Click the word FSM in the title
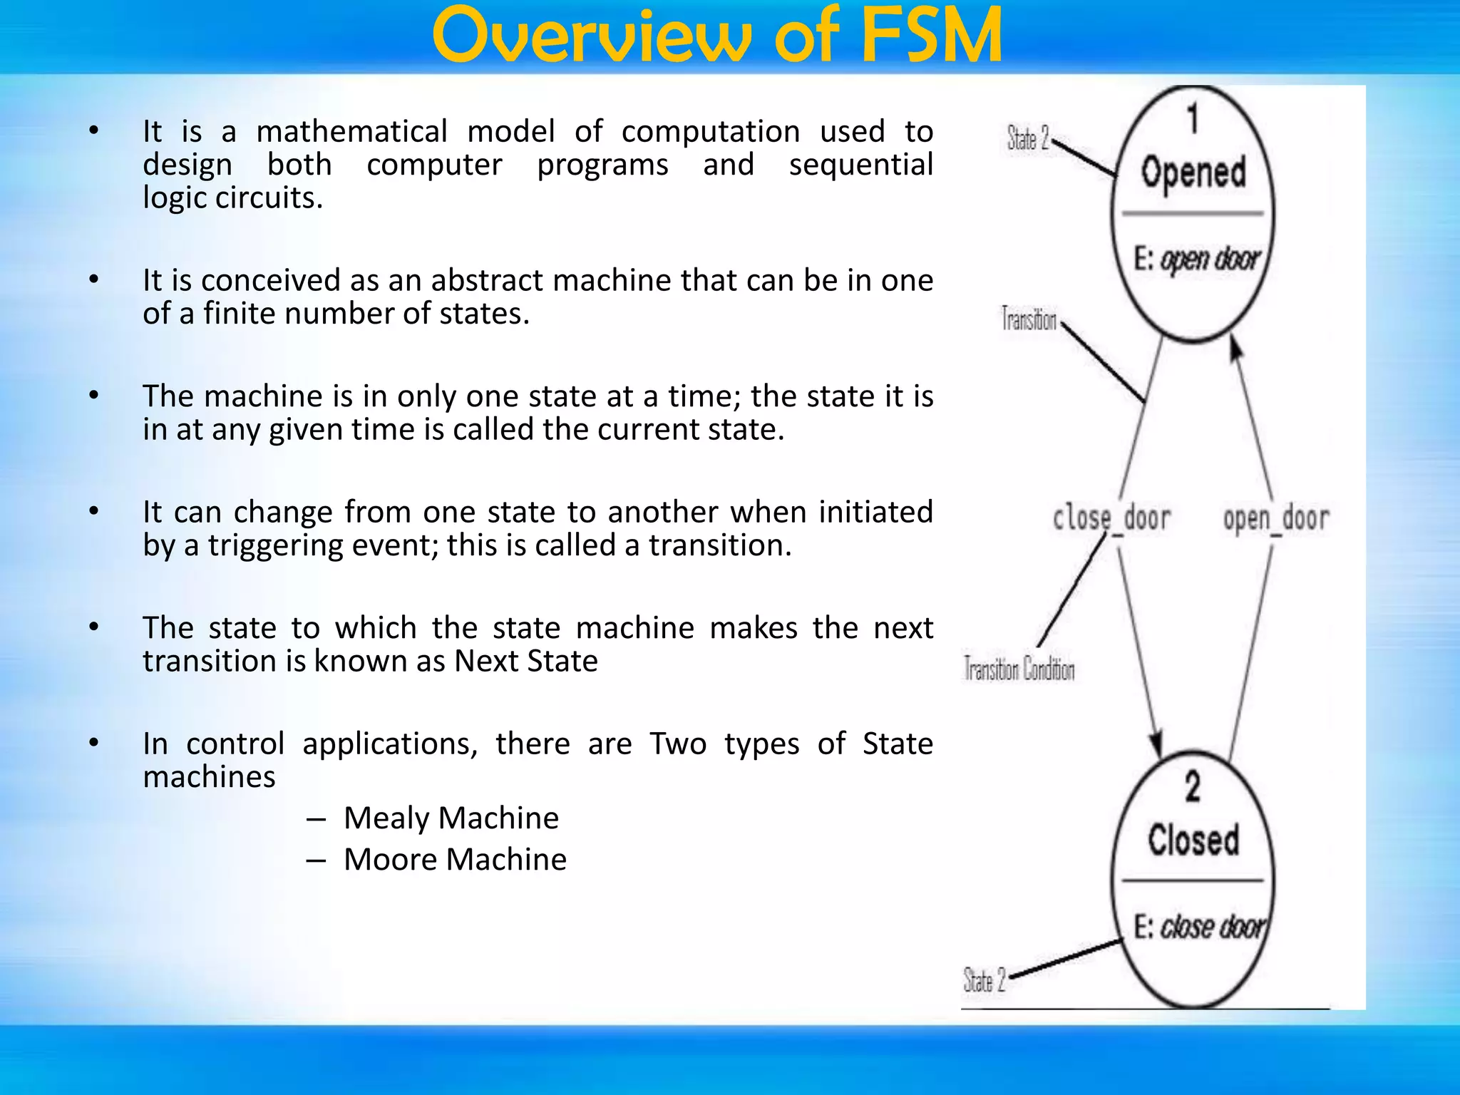(x=931, y=36)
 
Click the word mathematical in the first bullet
(x=351, y=132)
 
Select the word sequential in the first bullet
(x=860, y=165)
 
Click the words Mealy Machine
(x=451, y=818)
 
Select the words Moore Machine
(x=455, y=859)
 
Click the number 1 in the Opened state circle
(x=1193, y=118)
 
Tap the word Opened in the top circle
(x=1193, y=173)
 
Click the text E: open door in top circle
(x=1197, y=259)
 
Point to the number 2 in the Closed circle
(x=1193, y=787)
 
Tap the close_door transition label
(x=1111, y=518)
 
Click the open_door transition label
(x=1275, y=518)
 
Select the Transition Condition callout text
(x=1019, y=669)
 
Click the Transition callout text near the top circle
(x=1029, y=319)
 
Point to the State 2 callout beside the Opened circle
(x=1028, y=138)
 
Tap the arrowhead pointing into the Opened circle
(x=1236, y=349)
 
